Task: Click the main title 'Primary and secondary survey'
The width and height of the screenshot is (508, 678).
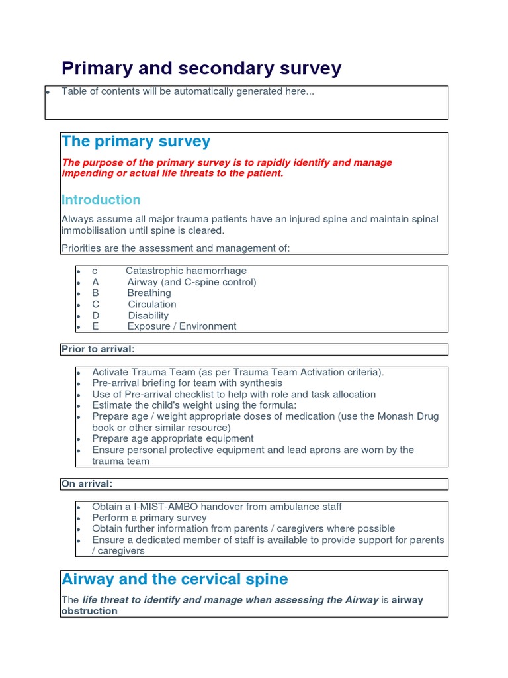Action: pyautogui.click(x=201, y=68)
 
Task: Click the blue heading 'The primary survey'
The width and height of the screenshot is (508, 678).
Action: pyautogui.click(x=136, y=141)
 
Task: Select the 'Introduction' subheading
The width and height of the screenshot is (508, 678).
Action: pyautogui.click(x=101, y=199)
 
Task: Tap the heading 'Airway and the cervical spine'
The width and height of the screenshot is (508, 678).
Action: pyautogui.click(x=175, y=579)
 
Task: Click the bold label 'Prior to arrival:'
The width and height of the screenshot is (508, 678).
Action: pyautogui.click(x=98, y=349)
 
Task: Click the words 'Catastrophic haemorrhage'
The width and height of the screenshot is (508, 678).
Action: pyautogui.click(x=186, y=271)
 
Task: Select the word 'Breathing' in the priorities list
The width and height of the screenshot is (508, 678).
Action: pyautogui.click(x=149, y=293)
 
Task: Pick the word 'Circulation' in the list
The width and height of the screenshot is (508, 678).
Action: pyautogui.click(x=152, y=304)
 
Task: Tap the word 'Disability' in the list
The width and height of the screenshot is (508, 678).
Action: pyautogui.click(x=148, y=315)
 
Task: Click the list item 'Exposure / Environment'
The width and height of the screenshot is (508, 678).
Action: pyautogui.click(x=181, y=326)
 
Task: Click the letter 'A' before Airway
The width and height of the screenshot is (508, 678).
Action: pyautogui.click(x=95, y=282)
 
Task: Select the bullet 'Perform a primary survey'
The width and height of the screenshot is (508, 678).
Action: pyautogui.click(x=149, y=518)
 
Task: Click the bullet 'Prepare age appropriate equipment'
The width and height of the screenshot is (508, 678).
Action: pyautogui.click(x=173, y=438)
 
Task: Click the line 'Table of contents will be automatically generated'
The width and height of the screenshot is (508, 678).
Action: pyautogui.click(x=187, y=91)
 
